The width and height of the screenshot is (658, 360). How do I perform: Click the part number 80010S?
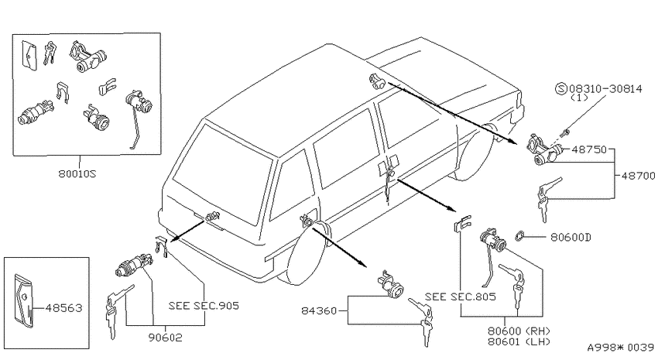point(77,173)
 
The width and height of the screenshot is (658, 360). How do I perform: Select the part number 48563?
point(63,308)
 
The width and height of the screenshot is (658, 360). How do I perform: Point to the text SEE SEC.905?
point(204,306)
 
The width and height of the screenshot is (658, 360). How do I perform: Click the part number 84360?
point(319,311)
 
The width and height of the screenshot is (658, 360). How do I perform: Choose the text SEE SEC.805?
point(461,297)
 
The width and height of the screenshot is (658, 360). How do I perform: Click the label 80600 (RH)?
point(519,331)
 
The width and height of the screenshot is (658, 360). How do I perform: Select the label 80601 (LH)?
point(519,341)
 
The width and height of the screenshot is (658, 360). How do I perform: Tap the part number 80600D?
point(571,238)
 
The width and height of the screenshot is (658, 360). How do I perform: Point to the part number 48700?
point(638,176)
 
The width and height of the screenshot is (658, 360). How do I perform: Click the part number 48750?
point(589,149)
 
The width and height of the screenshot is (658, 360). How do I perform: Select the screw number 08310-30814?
point(605,88)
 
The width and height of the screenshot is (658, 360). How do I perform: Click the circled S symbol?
point(561,88)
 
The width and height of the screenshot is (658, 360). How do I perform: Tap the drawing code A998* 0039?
point(620,348)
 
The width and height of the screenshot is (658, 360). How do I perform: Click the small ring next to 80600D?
point(519,236)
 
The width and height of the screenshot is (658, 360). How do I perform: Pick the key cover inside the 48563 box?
point(24,300)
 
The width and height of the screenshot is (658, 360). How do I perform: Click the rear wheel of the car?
point(306,254)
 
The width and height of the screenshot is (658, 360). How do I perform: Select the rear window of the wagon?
point(223,173)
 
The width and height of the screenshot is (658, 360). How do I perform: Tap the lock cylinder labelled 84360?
point(391,285)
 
